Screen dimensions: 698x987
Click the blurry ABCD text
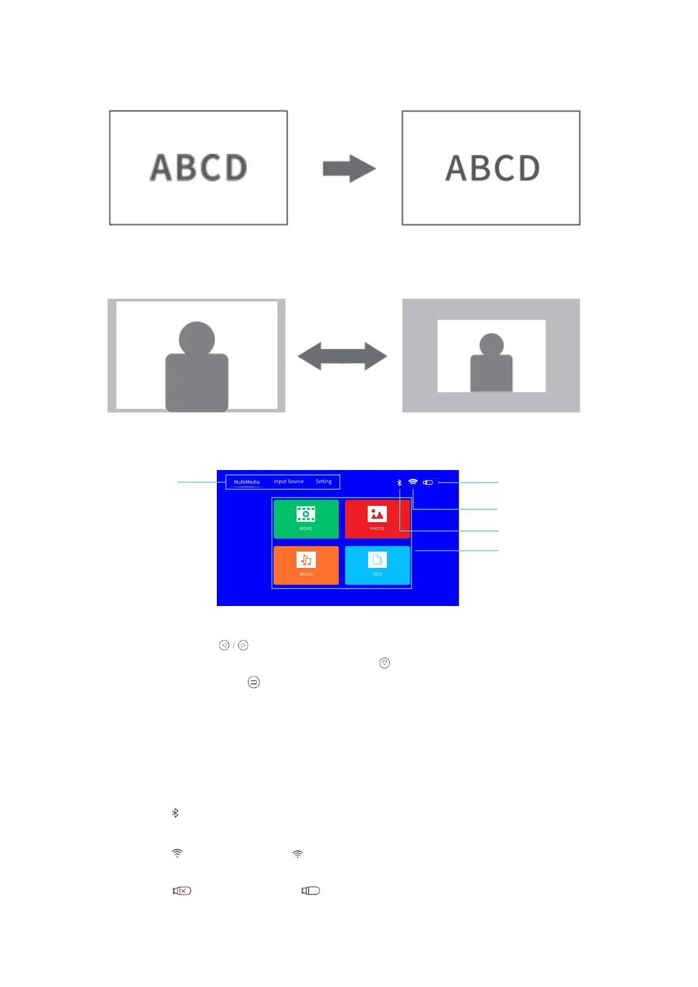coord(198,168)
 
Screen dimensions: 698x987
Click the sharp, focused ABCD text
coord(492,168)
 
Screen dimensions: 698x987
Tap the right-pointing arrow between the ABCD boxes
coord(349,169)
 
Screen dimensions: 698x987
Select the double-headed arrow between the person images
coord(342,356)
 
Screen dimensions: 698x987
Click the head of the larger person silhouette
coord(197,338)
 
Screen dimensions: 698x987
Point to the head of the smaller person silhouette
coord(491,345)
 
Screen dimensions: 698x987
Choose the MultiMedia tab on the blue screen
coord(247,482)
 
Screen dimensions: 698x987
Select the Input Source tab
coord(288,482)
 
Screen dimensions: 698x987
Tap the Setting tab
coord(324,482)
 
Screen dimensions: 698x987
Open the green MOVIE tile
coord(306,519)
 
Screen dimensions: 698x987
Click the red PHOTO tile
coord(377,519)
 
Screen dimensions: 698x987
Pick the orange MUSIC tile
coord(306,564)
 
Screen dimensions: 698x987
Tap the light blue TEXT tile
coord(377,564)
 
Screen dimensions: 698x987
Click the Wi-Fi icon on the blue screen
coord(413,482)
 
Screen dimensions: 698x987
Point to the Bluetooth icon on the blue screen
coord(400,483)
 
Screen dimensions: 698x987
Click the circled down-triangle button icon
coord(384,663)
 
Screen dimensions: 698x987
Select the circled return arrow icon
coord(254,682)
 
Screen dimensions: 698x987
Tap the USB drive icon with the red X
coord(182,891)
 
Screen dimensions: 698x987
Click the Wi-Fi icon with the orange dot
coord(177,853)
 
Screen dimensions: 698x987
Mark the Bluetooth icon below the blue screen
coord(175,813)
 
